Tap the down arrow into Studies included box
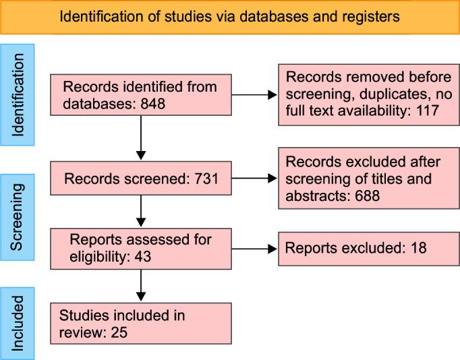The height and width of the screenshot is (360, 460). click(x=140, y=286)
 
